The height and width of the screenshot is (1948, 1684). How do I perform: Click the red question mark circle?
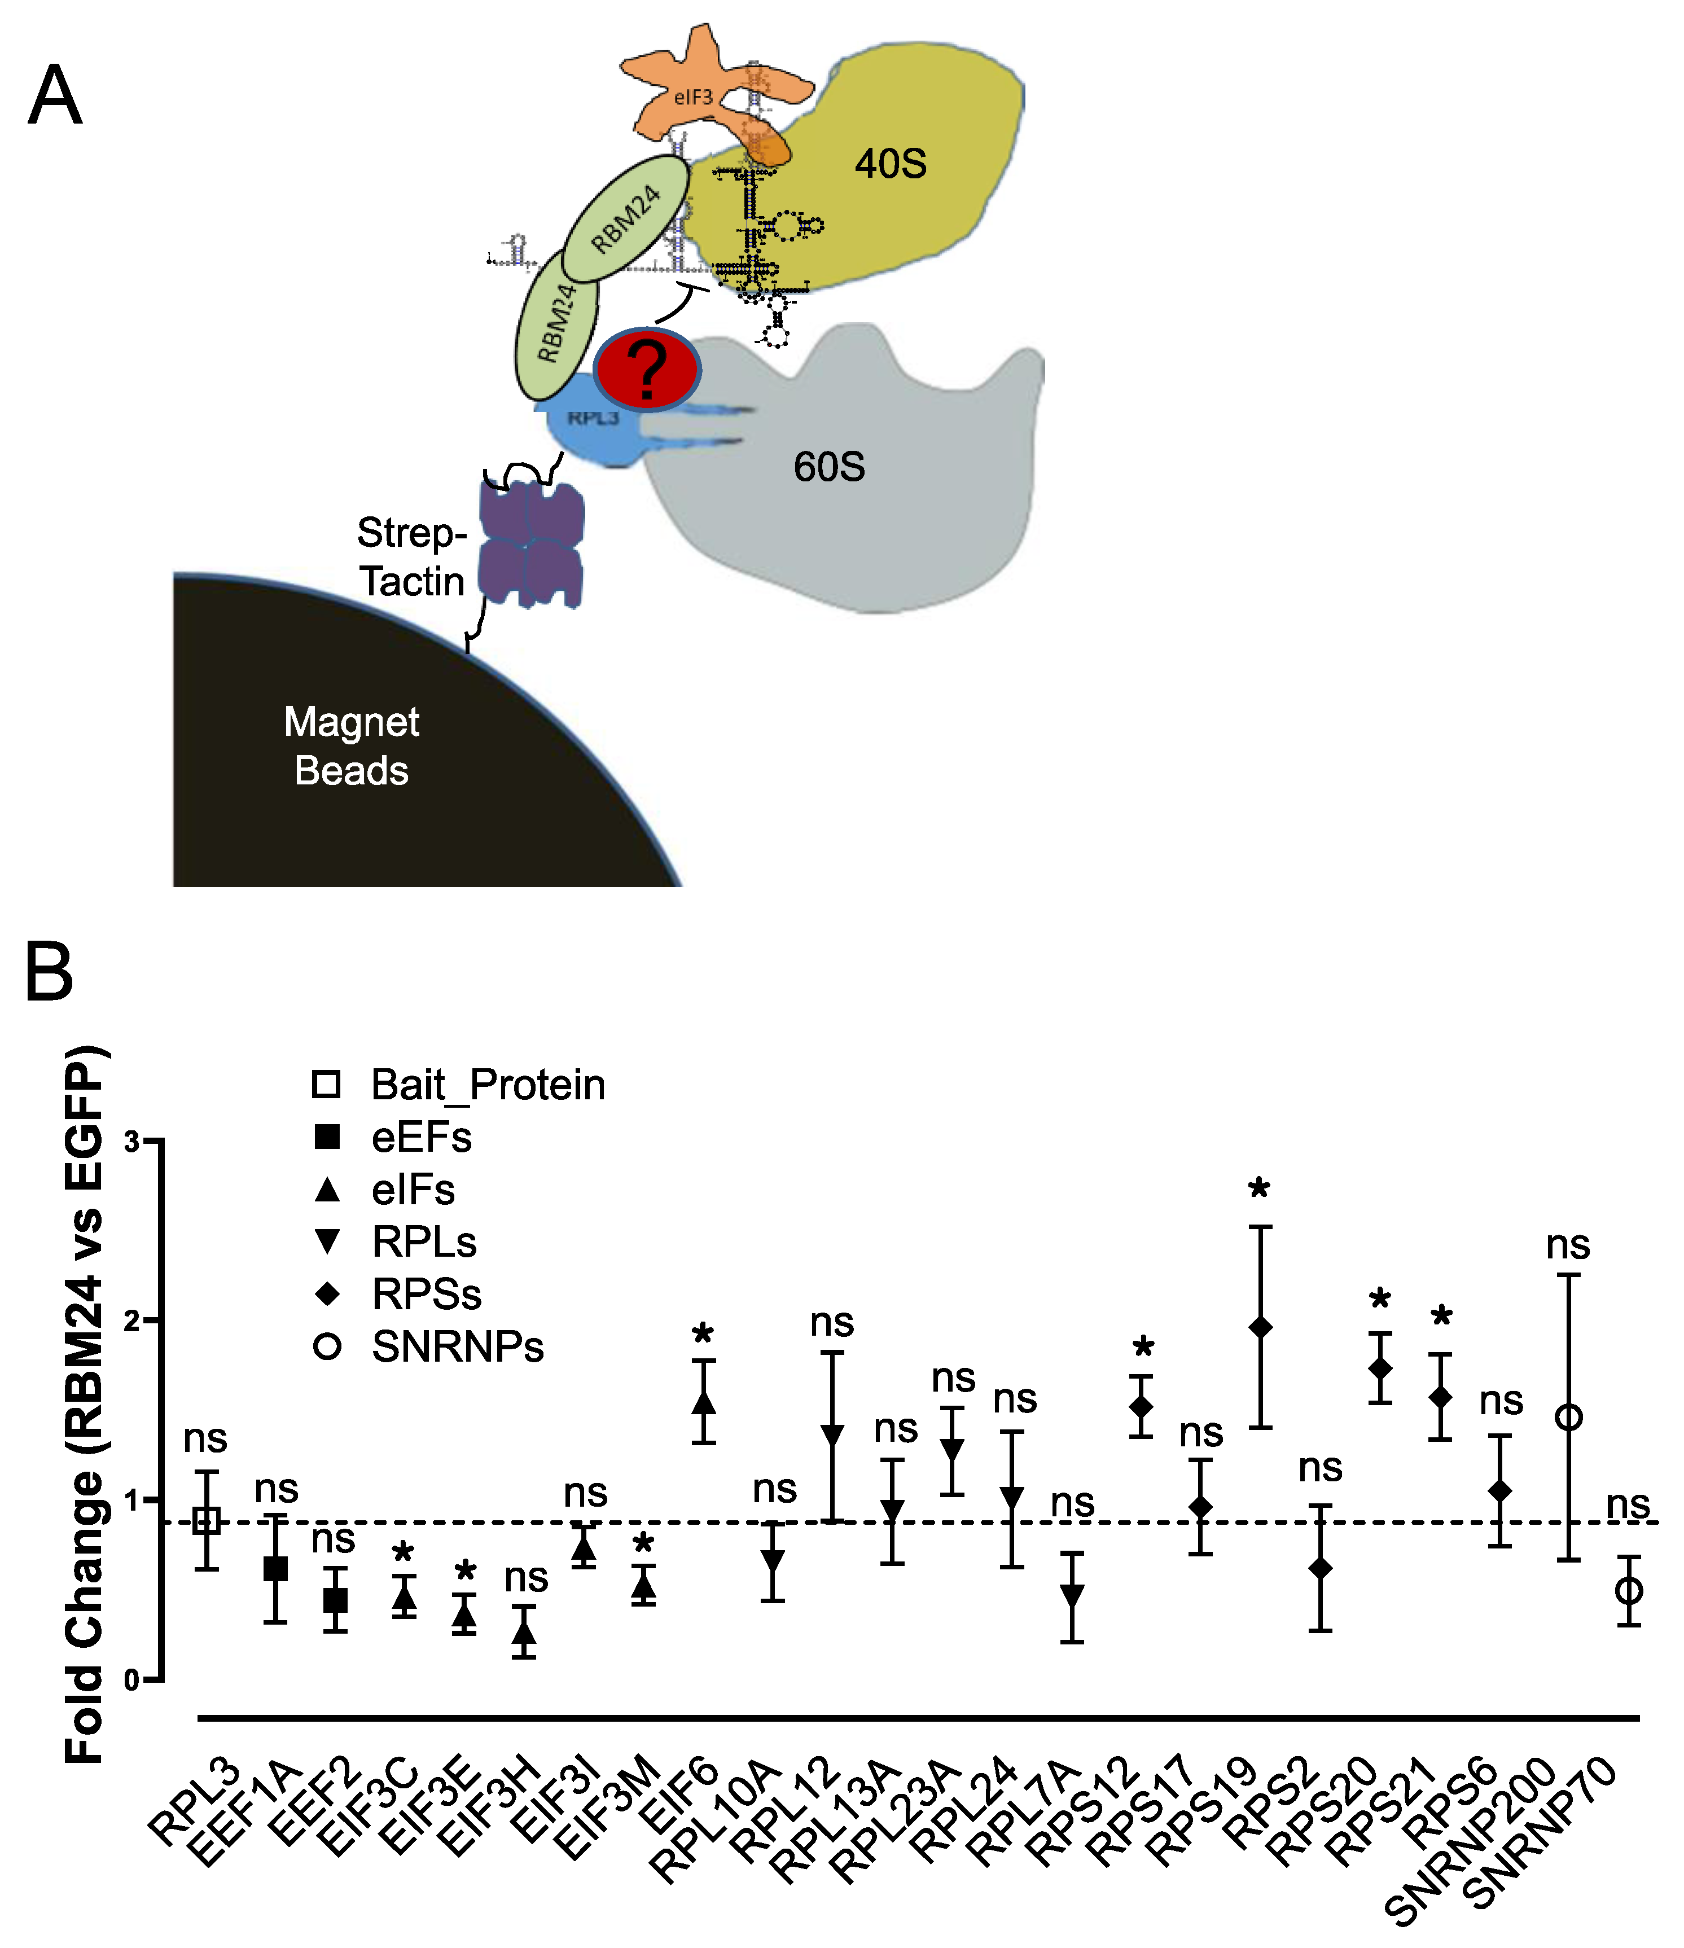coord(647,370)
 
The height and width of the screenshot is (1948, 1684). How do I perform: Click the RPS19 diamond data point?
coord(1260,1327)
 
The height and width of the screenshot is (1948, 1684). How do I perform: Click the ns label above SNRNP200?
coord(1567,1245)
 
